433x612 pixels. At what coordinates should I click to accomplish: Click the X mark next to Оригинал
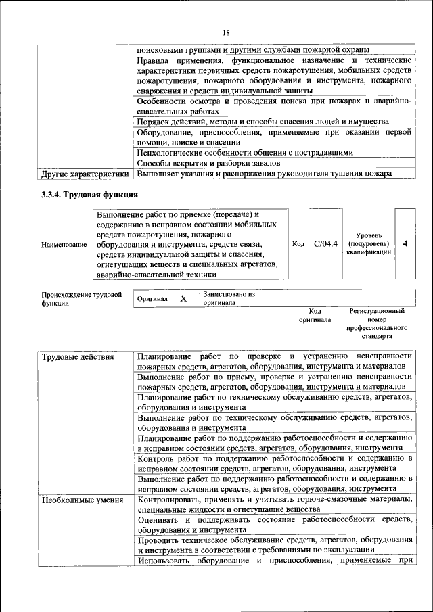tap(183, 298)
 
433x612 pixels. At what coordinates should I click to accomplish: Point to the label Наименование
tap(64, 244)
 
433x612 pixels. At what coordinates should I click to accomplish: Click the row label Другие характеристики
tap(85, 174)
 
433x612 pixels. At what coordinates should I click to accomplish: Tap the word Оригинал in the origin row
tap(152, 298)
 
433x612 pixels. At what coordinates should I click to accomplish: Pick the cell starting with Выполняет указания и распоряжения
tap(264, 174)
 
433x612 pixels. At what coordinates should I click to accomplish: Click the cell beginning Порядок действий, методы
tap(263, 122)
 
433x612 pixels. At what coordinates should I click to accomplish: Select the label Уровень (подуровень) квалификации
tap(368, 243)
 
